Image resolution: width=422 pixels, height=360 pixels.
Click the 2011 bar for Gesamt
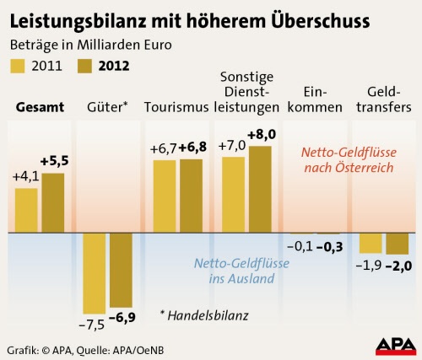coord(26,211)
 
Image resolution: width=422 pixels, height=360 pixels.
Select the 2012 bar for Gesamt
coord(53,203)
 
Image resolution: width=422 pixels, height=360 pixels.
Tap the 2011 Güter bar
coord(95,273)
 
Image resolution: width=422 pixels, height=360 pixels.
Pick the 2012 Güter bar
coord(121,271)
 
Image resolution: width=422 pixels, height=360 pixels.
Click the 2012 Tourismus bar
coord(192,196)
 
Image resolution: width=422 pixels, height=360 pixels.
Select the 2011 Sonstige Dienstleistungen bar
coord(234,195)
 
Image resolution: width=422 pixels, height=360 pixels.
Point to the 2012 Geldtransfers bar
coord(398,244)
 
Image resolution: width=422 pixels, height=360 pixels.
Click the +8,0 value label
coord(262,135)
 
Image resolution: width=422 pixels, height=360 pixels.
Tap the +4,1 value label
coord(25,177)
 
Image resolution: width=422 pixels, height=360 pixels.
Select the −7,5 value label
coord(92,325)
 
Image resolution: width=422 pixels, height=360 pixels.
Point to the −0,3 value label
coord(330,247)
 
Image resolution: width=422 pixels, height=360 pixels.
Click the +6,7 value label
coord(164,148)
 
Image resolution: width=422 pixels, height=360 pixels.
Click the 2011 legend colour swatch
coord(18,66)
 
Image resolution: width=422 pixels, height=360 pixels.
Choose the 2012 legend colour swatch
coord(84,66)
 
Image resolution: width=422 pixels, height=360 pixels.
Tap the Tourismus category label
coord(176,107)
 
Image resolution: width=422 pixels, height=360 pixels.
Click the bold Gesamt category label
coord(40,107)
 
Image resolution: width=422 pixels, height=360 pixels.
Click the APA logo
coord(396,347)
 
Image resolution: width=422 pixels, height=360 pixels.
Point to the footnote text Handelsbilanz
coord(208,316)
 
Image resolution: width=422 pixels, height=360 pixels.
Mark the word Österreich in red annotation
coord(364,168)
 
